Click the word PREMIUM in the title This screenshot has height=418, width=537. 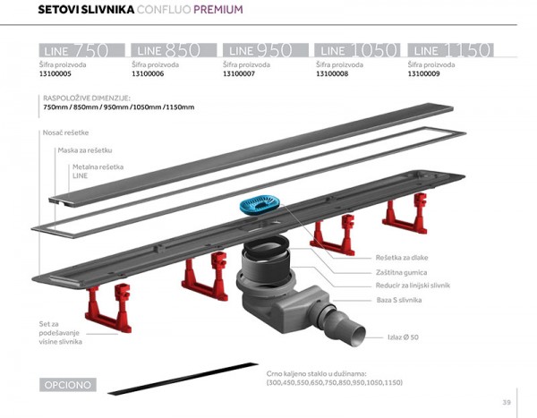[217, 11]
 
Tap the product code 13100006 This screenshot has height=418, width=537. [151, 76]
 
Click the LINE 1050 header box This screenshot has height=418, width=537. [358, 50]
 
